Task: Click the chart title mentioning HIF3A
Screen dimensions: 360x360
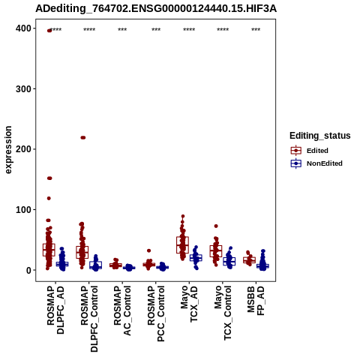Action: pyautogui.click(x=156, y=9)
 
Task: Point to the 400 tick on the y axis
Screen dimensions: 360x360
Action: pyautogui.click(x=23, y=28)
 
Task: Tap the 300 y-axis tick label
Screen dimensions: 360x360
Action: pyautogui.click(x=23, y=89)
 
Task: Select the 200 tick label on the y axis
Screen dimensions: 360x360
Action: pyautogui.click(x=23, y=149)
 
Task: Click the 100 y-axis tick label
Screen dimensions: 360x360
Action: pyautogui.click(x=23, y=209)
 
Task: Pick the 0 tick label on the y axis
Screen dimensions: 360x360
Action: pyautogui.click(x=28, y=270)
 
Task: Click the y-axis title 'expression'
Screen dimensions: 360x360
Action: pyautogui.click(x=8, y=150)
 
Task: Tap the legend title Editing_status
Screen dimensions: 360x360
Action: pyautogui.click(x=320, y=136)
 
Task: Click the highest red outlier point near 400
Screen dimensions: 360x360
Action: pyautogui.click(x=49, y=31)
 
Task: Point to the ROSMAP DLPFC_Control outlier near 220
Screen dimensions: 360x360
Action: pyautogui.click(x=82, y=137)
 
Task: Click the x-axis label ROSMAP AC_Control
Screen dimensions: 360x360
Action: pyautogui.click(x=122, y=310)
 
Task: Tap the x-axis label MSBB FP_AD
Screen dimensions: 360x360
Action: pyautogui.click(x=256, y=301)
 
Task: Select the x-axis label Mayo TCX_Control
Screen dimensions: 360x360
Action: pyautogui.click(x=223, y=313)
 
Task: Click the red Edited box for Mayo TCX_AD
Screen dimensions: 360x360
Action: pyautogui.click(x=182, y=244)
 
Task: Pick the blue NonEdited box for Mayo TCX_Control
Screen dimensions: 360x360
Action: pyautogui.click(x=229, y=261)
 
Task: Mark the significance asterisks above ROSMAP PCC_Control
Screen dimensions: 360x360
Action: pyautogui.click(x=156, y=30)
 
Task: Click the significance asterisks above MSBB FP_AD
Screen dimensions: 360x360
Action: pyautogui.click(x=256, y=30)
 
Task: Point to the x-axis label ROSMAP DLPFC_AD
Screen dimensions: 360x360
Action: pyautogui.click(x=55, y=310)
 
